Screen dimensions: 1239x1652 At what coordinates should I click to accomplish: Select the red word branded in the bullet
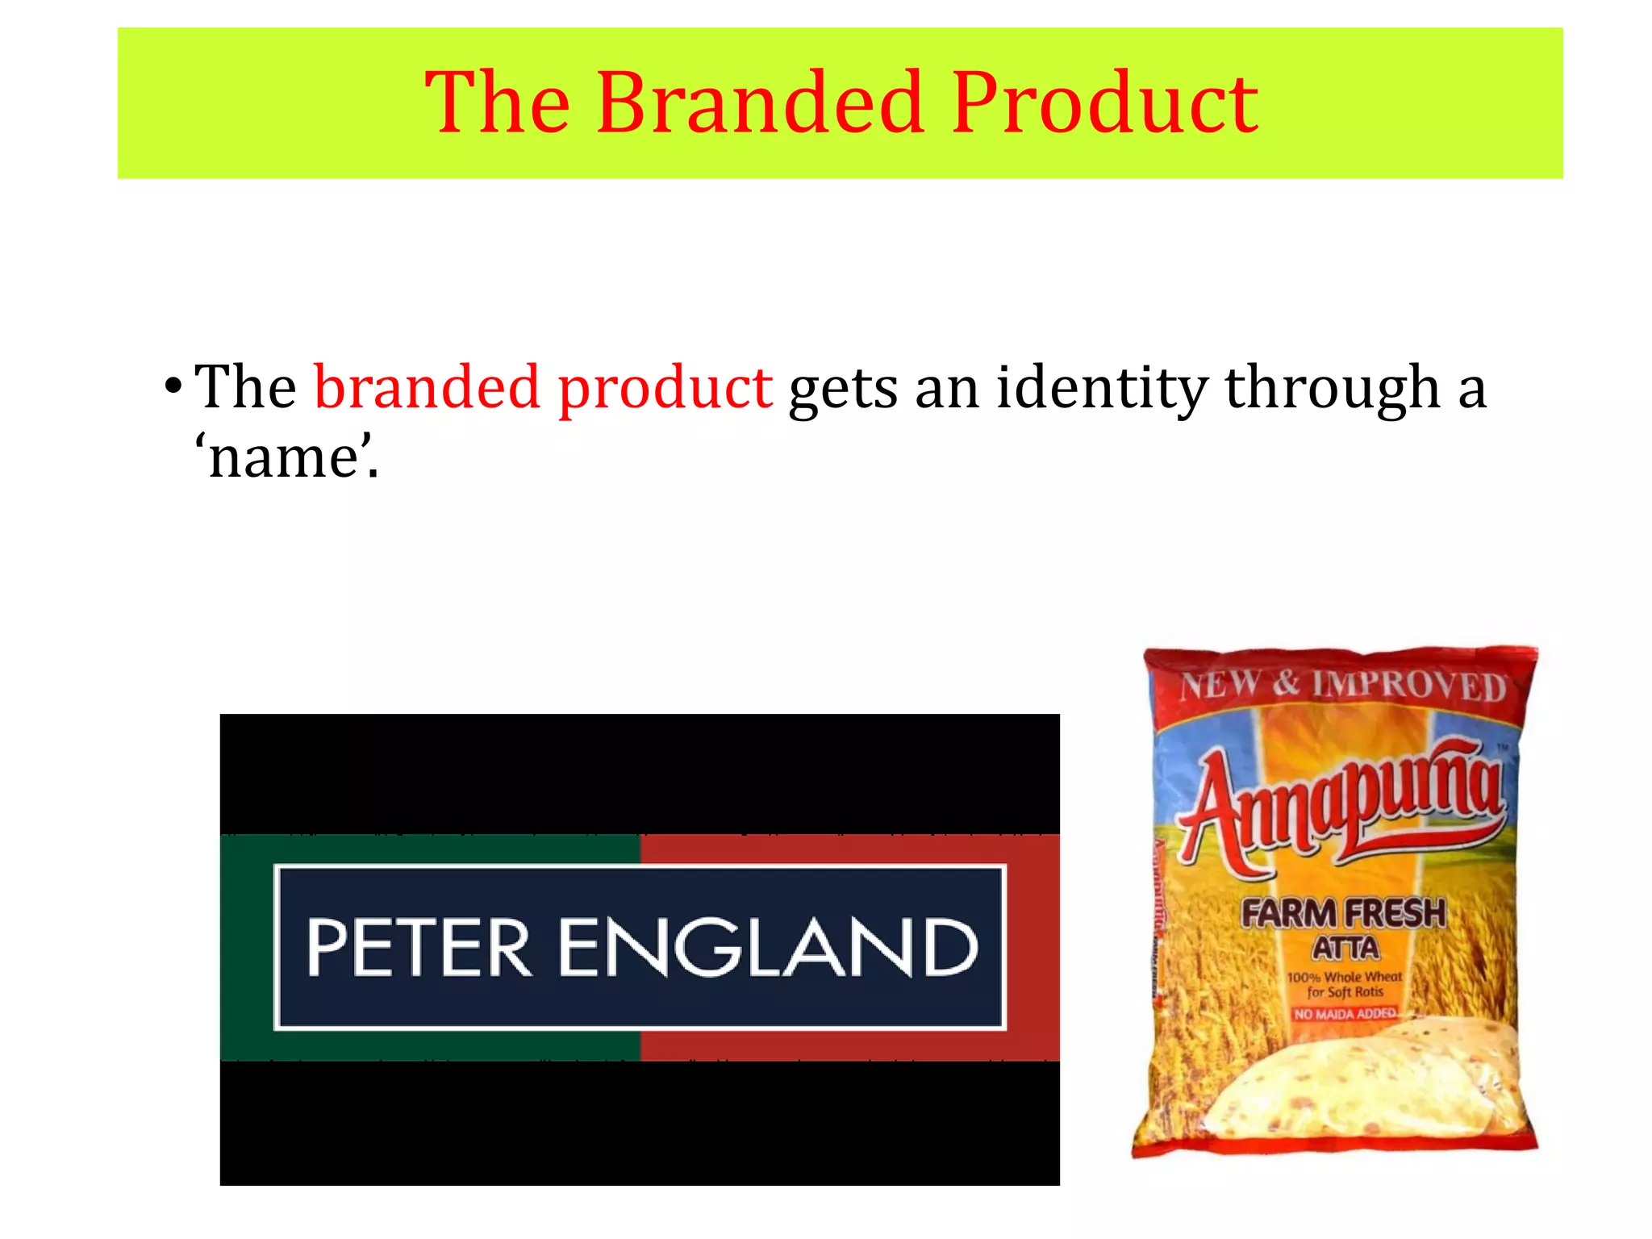427,387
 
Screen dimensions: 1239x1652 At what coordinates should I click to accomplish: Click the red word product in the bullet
665,389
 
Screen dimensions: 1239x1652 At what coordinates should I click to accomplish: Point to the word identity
1102,389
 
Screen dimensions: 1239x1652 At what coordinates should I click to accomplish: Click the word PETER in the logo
418,948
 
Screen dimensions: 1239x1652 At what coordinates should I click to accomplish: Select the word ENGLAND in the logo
767,948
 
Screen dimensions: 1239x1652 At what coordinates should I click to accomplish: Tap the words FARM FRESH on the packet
1343,914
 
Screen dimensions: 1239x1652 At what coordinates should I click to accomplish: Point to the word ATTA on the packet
1345,948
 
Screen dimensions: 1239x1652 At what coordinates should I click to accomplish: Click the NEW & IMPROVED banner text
1343,686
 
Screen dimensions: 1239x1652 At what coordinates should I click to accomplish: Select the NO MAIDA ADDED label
1345,1013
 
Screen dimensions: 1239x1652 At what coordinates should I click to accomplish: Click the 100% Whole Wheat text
1345,977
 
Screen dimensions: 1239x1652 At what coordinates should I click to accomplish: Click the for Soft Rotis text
1345,992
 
